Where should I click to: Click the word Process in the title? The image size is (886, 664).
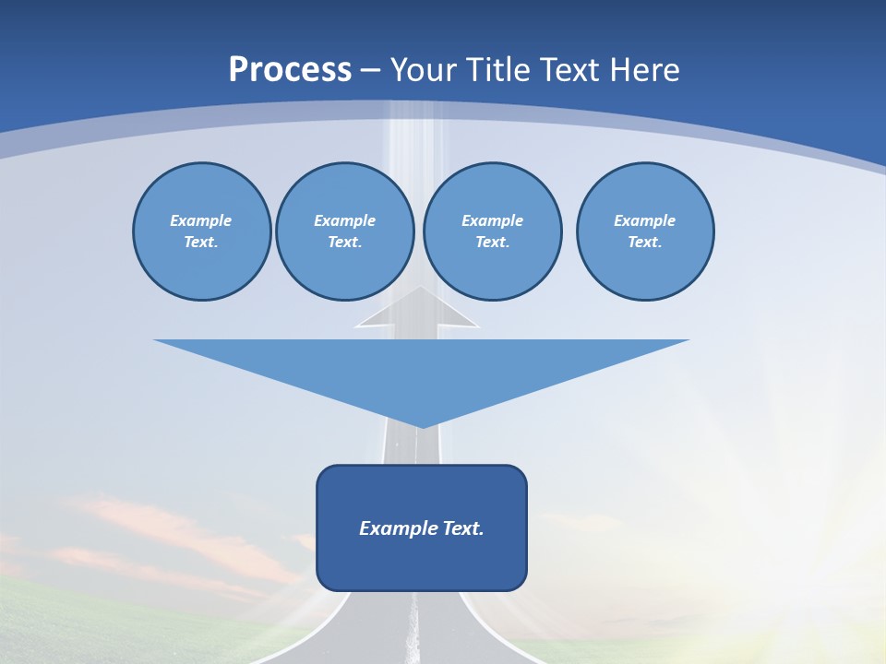[x=290, y=70]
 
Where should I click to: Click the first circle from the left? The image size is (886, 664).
[x=201, y=231]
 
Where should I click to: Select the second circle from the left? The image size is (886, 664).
[x=344, y=231]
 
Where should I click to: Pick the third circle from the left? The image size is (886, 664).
[x=492, y=231]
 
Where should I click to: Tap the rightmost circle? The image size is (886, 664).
[x=645, y=231]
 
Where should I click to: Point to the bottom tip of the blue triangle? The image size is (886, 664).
[x=421, y=426]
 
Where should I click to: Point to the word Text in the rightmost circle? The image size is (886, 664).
[x=644, y=243]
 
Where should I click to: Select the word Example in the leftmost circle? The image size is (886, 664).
[x=201, y=220]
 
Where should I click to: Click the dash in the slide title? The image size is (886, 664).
[x=371, y=70]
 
